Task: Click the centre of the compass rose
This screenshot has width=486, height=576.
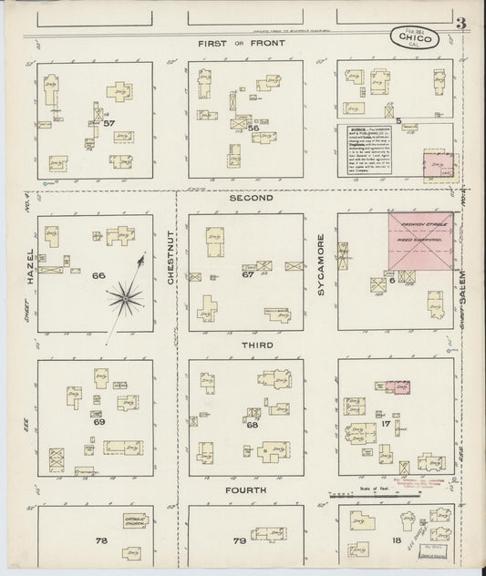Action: click(124, 294)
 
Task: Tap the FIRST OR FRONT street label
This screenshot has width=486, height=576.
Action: click(244, 44)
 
